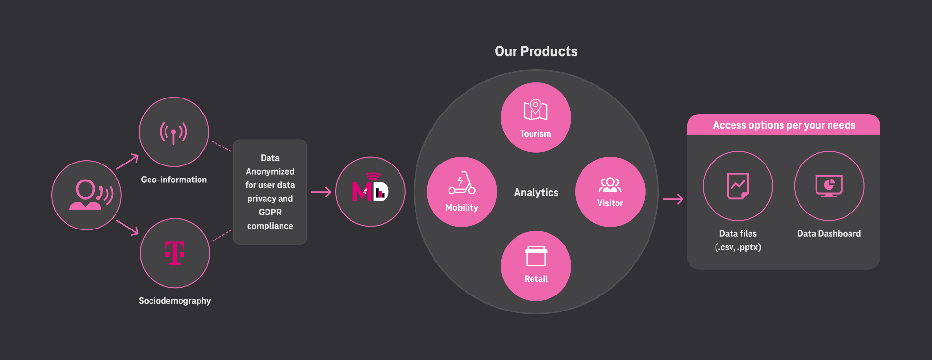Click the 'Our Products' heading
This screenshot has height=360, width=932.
pos(536,51)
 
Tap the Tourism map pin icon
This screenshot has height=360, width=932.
pos(535,110)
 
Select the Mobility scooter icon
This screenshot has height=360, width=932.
pos(462,182)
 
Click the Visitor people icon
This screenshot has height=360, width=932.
pos(610,185)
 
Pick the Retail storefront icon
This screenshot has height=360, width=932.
pos(536,256)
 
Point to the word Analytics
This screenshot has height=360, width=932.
pos(536,193)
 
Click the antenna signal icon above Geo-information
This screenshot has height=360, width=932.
pos(173,132)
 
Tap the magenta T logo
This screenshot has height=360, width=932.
pos(175,253)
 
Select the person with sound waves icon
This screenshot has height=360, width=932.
pos(91,195)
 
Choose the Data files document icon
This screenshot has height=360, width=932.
pos(737,186)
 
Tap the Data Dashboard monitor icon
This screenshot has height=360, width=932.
pos(829,186)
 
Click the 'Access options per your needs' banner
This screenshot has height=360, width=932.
pos(783,125)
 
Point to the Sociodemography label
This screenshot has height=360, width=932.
pos(175,301)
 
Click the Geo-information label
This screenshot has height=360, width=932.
pos(174,180)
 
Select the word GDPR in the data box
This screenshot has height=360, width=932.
pos(270,213)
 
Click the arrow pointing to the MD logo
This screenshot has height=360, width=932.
pos(321,192)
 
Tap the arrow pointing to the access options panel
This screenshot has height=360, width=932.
pos(673,199)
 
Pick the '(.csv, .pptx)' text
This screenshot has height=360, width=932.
pos(738,247)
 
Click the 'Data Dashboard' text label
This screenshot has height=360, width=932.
pos(829,234)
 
